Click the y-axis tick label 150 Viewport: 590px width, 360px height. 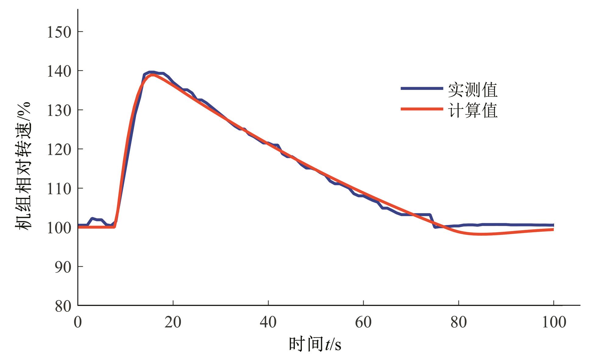59,32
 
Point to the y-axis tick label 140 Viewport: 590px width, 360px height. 59,71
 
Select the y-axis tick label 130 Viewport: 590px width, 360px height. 59,110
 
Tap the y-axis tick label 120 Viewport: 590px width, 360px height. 59,150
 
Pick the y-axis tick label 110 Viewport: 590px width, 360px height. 59,189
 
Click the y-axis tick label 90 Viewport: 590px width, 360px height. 63,267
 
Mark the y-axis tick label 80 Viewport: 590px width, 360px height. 63,306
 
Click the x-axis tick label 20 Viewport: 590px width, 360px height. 173,322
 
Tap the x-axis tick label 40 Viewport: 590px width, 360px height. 268,322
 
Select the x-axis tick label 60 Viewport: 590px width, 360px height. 363,322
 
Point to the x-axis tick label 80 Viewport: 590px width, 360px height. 458,322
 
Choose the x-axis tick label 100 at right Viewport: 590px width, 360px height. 554,322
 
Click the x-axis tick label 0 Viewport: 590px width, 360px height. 78,322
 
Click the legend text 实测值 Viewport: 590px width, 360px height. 472,90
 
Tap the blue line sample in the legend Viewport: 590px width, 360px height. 422,88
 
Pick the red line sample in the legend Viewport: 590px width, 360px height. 422,109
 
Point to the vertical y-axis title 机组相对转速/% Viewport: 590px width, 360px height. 23,166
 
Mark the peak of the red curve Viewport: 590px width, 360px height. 152,74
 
